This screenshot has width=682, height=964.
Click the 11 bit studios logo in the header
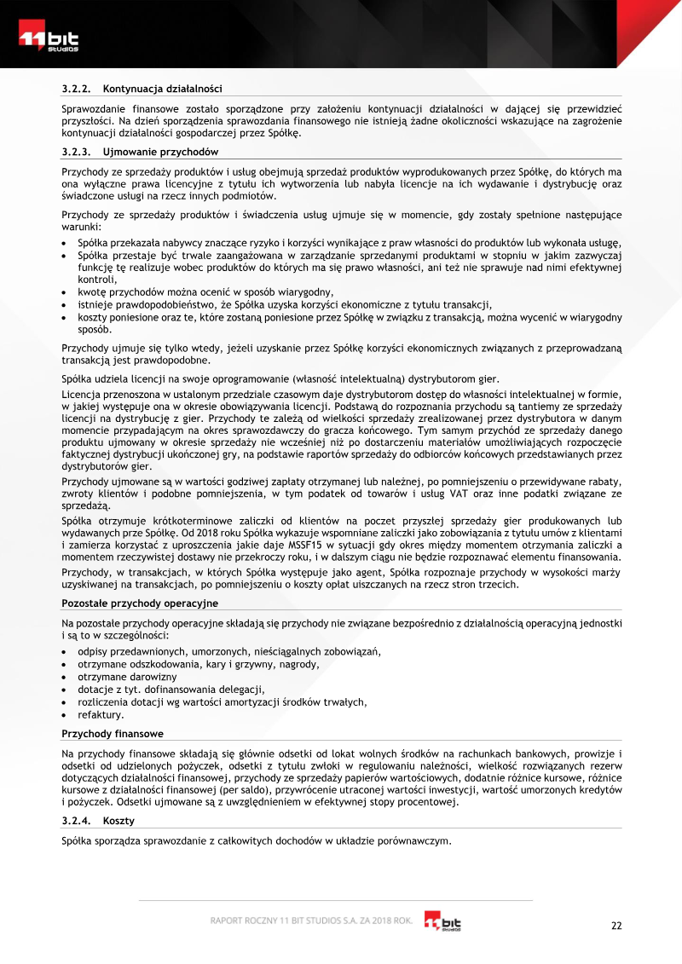(50, 38)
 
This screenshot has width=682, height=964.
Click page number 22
(617, 926)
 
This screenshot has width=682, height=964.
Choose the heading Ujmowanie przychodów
(155, 152)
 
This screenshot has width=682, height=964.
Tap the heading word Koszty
(118, 820)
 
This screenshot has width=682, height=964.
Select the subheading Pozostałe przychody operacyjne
(140, 603)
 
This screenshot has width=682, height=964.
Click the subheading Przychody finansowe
(113, 733)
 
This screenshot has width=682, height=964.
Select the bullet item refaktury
(101, 714)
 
